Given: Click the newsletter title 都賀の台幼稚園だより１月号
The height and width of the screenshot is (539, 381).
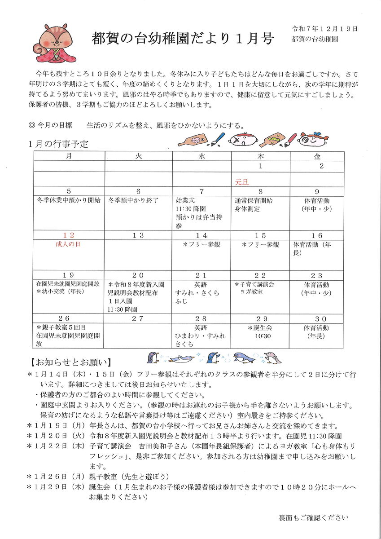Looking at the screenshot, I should click(x=183, y=39).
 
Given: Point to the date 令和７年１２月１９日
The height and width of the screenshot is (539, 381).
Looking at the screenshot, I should click(x=324, y=29).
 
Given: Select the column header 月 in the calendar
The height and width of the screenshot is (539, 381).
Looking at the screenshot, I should click(x=69, y=156).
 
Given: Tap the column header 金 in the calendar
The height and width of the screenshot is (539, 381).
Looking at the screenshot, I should click(x=317, y=156).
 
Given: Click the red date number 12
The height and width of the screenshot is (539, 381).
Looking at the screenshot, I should click(x=69, y=235).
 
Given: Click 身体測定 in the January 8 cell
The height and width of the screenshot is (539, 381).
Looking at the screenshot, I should click(x=247, y=209).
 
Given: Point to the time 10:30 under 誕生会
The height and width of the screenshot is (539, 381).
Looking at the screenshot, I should click(x=263, y=336).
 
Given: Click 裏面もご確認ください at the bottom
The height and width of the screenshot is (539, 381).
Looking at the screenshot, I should click(x=313, y=517).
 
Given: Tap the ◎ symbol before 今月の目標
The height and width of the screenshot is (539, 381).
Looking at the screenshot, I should click(x=31, y=125).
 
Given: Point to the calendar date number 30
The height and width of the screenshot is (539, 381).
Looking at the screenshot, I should click(x=317, y=318).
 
